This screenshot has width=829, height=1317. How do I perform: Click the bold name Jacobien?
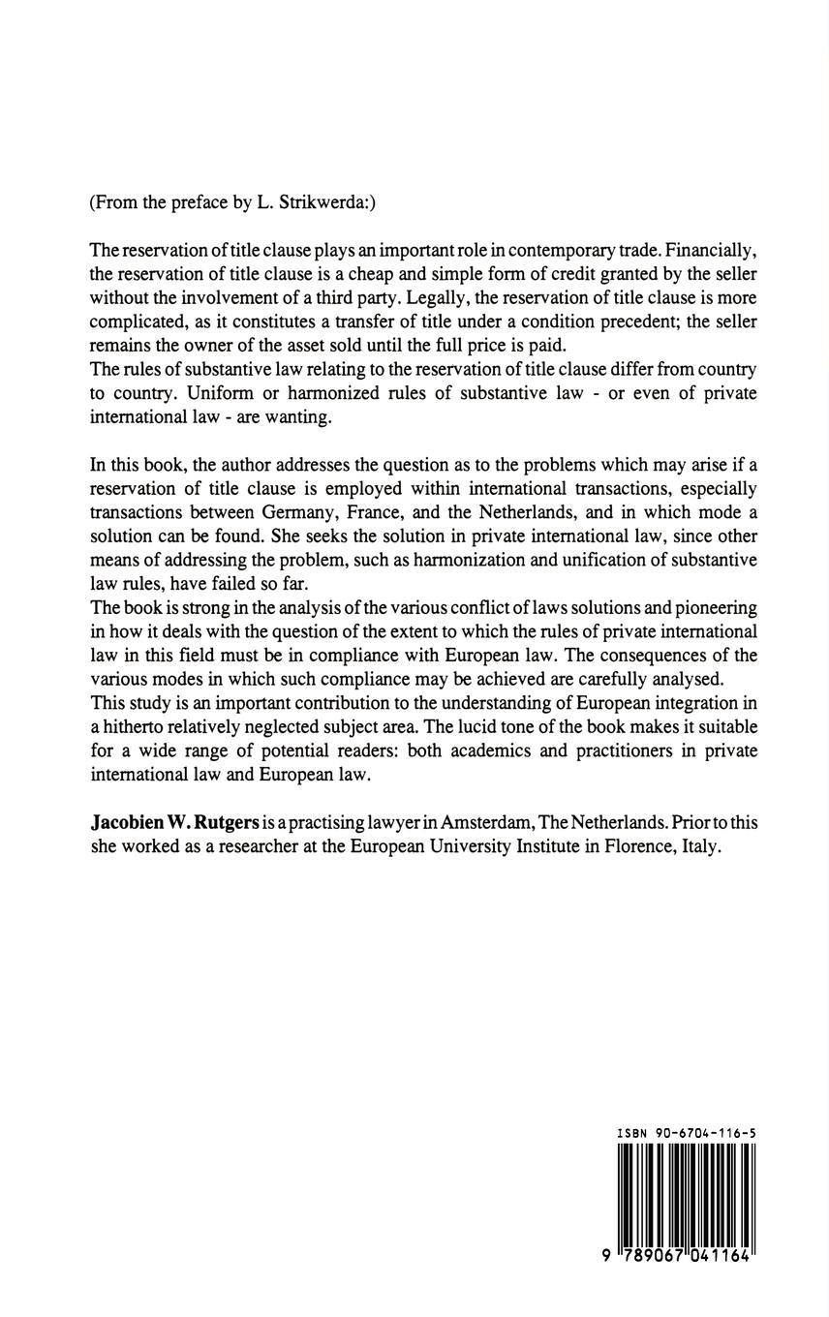coord(130,822)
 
